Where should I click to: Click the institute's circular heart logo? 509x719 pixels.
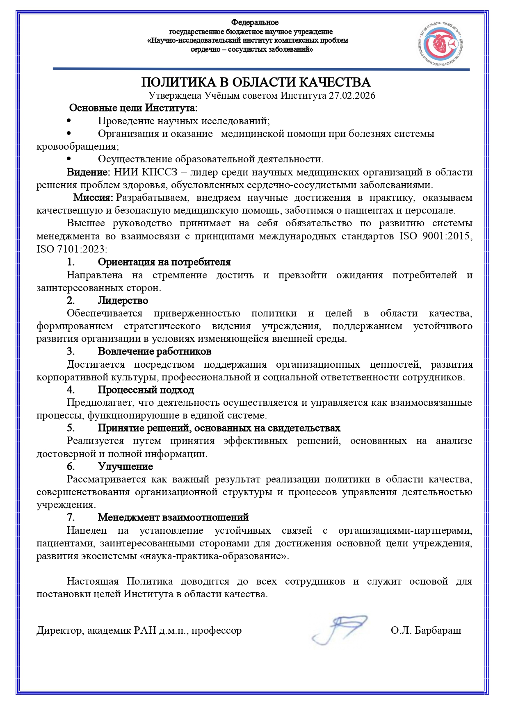click(x=441, y=43)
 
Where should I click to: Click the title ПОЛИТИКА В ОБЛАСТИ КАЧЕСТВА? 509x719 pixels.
click(x=256, y=82)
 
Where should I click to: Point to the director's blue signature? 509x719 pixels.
click(x=339, y=629)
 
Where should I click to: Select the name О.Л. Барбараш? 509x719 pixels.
click(x=426, y=630)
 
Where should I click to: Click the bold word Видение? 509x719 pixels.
click(x=88, y=172)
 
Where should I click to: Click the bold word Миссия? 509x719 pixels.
click(x=93, y=198)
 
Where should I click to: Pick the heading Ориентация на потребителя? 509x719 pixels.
click(x=164, y=262)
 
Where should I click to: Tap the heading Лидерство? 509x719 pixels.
click(x=123, y=300)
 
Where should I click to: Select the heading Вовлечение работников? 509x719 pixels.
click(x=155, y=351)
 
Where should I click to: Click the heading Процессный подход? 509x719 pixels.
click(x=146, y=390)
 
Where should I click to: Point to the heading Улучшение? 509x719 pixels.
click(x=126, y=466)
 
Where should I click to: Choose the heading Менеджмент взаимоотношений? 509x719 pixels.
click(x=173, y=517)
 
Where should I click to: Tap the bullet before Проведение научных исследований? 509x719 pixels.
click(x=68, y=121)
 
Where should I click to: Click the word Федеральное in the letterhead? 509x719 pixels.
click(x=255, y=23)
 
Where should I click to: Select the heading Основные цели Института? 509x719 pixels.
click(x=133, y=108)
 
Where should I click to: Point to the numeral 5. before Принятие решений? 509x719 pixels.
click(x=71, y=428)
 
